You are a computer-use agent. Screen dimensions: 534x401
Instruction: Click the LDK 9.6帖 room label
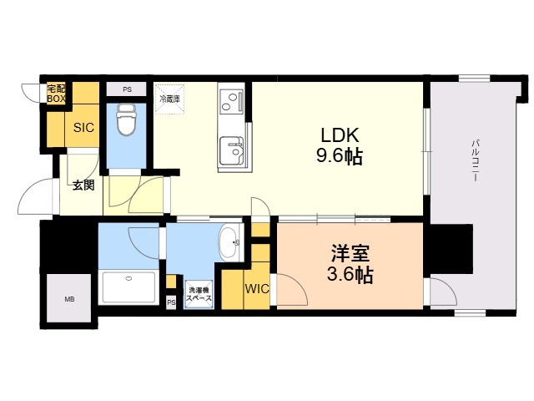(340, 146)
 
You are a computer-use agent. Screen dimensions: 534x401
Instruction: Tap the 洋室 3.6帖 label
(350, 264)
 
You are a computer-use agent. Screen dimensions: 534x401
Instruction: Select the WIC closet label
(257, 289)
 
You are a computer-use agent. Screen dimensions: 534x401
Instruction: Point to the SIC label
(83, 128)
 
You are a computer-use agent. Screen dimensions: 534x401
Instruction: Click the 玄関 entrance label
(83, 185)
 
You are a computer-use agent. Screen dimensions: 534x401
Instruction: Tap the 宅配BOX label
(56, 94)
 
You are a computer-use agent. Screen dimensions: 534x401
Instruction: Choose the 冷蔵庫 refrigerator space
(169, 99)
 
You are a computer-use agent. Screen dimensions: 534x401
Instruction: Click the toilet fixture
(126, 119)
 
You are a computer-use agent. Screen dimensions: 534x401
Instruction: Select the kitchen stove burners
(232, 102)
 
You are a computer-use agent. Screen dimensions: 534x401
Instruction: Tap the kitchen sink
(232, 150)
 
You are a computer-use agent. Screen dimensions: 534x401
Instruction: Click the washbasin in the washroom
(229, 242)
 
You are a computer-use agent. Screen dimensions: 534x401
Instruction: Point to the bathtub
(128, 287)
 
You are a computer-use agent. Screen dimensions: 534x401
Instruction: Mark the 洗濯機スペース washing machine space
(199, 294)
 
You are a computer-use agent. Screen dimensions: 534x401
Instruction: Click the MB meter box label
(69, 300)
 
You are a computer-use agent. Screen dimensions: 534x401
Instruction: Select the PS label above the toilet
(127, 89)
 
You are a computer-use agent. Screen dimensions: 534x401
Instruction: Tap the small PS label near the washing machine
(171, 302)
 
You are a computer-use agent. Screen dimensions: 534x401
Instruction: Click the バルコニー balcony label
(476, 160)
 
